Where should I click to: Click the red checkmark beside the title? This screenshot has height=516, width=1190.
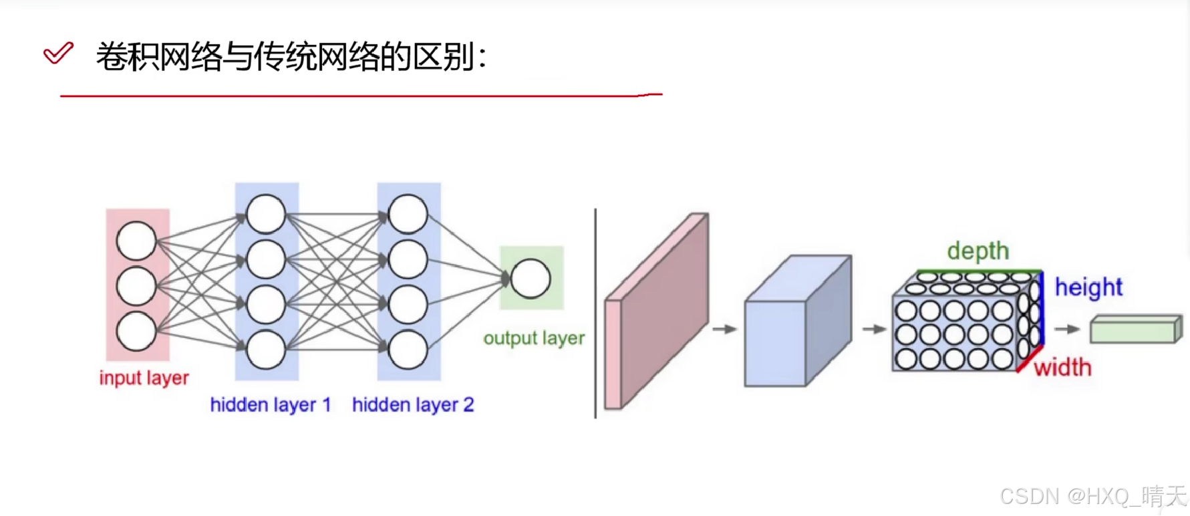pos(58,53)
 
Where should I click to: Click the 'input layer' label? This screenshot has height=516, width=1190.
pos(144,378)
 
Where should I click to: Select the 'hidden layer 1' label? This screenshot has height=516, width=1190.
pos(270,404)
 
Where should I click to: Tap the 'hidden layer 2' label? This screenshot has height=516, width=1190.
pos(412,404)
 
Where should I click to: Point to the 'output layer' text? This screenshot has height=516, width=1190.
pos(533,338)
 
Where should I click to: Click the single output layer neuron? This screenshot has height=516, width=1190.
pos(531,279)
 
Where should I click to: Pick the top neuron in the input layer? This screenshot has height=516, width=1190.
pos(136,241)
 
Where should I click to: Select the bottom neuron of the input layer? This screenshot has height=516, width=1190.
pos(136,332)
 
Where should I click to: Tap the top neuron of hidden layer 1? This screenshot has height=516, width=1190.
pos(266,214)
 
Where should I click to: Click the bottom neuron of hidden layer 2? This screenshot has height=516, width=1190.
pos(408,350)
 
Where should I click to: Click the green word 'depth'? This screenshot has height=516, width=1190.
pos(978,251)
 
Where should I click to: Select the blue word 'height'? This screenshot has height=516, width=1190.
pos(1088,287)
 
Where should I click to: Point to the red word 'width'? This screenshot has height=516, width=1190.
pos(1062,368)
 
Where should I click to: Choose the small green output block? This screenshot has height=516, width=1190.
pos(1135,330)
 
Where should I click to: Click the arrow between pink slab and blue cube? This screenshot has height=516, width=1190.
pos(724,329)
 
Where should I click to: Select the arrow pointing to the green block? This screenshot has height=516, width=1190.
pos(1067,329)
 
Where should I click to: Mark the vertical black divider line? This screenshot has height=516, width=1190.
pos(595,314)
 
